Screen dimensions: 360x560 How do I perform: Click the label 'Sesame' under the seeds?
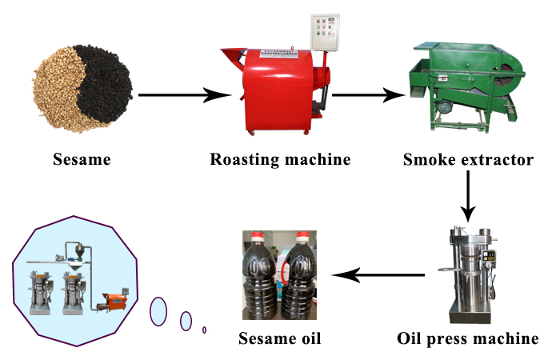(82, 160)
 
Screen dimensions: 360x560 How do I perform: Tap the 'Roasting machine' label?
(280, 159)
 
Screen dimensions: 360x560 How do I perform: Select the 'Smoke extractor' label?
(467, 160)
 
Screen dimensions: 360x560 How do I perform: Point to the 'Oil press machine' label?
(468, 338)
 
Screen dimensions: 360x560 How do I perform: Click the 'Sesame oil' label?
(279, 338)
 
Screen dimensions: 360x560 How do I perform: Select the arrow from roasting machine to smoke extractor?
(368, 96)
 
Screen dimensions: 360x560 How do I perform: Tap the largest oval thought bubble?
(158, 310)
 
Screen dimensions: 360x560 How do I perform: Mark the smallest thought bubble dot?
(205, 330)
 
